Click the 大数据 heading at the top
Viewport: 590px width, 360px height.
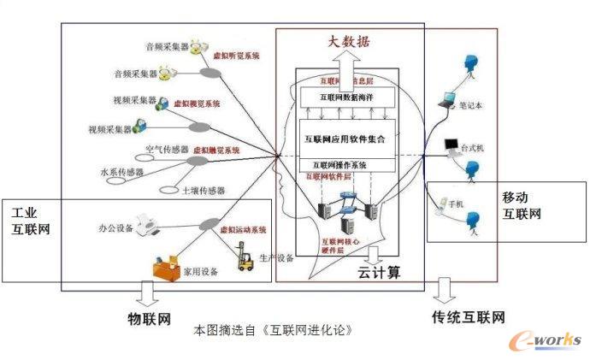pos(350,41)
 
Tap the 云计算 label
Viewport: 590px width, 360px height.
pos(379,274)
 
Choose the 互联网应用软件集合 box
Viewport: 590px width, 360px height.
pos(346,138)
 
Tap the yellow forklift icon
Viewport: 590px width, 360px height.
pos(245,258)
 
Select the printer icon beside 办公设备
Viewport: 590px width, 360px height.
pos(151,226)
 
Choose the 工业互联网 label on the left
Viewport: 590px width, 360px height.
pos(30,220)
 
